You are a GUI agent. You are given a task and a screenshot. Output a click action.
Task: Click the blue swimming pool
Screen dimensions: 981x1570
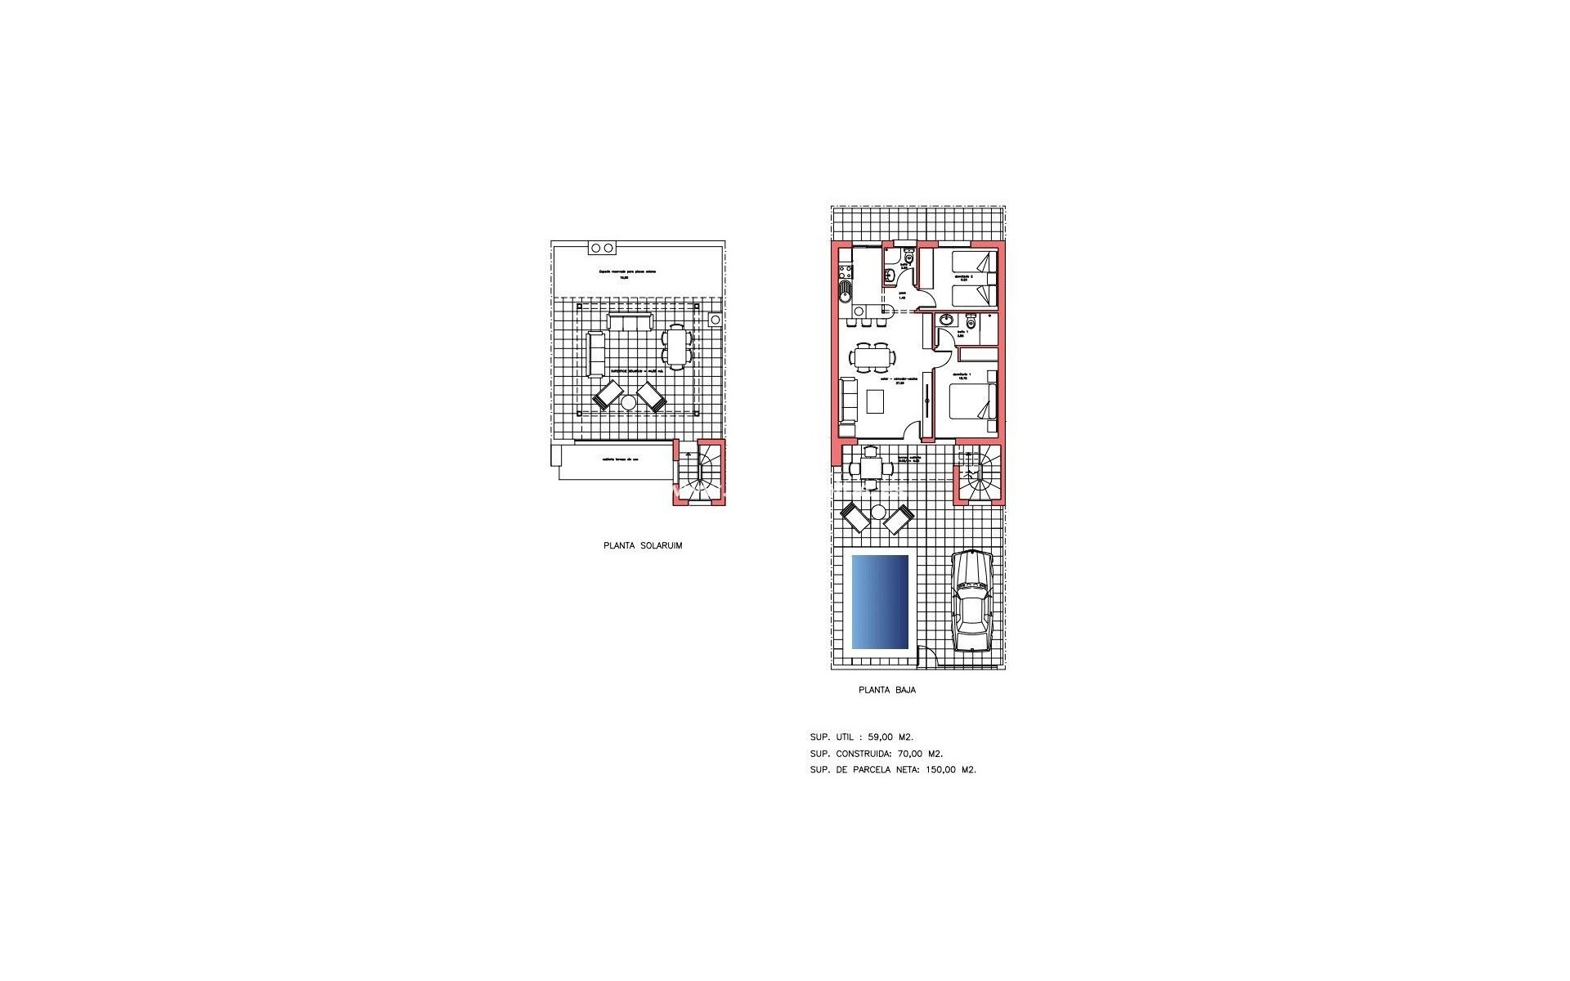[x=880, y=602]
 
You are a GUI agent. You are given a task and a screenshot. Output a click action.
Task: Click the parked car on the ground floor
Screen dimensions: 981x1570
[x=971, y=601]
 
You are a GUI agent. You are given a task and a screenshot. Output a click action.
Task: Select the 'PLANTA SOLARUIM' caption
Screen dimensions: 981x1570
[x=643, y=546]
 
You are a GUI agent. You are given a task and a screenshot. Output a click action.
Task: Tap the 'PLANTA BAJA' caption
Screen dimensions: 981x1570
[x=886, y=690]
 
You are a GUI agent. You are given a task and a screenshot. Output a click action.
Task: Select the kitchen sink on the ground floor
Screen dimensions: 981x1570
[x=845, y=290]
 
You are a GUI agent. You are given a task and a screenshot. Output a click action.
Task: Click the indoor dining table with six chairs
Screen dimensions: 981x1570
[x=872, y=357]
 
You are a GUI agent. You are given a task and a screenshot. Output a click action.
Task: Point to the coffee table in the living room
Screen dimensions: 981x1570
[x=876, y=401]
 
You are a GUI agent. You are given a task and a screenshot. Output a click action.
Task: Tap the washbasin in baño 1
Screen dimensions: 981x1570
[x=946, y=320]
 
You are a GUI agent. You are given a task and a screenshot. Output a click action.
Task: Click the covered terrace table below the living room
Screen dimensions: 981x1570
[x=870, y=468]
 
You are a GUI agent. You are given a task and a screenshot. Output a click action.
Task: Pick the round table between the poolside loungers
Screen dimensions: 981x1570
[x=877, y=513]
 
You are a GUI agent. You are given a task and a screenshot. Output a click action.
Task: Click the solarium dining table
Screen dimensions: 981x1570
[x=676, y=346]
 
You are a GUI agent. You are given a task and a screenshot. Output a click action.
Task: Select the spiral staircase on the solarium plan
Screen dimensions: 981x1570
[x=700, y=473]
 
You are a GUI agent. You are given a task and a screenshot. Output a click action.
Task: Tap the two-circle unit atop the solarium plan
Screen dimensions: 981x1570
[x=602, y=249]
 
